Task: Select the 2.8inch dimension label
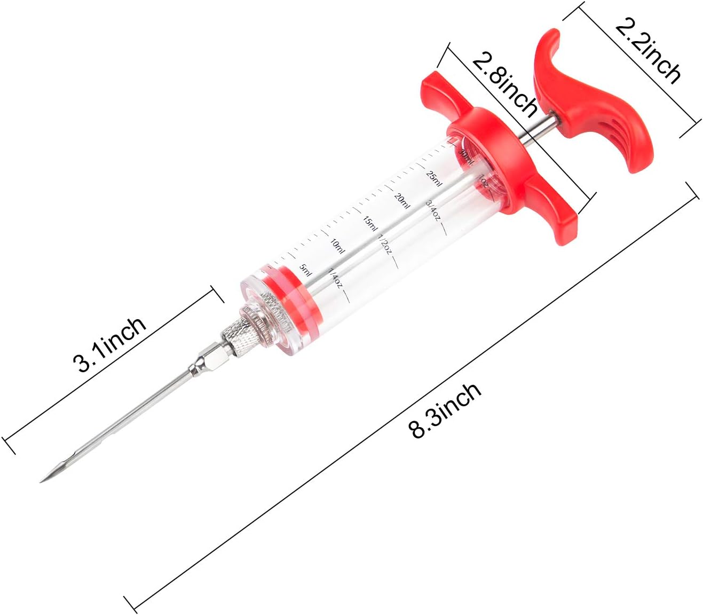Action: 504,87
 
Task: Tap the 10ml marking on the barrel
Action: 337,246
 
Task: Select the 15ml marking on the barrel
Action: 371,224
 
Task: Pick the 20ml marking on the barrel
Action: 402,201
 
